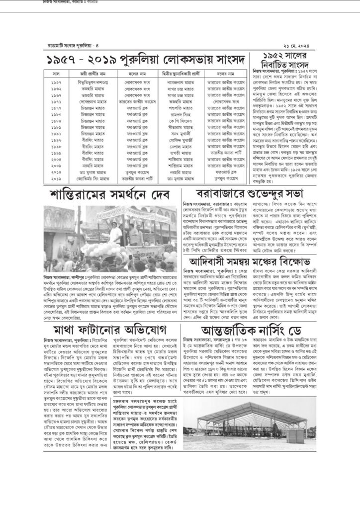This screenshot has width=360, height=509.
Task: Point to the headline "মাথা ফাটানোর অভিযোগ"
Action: click(106, 331)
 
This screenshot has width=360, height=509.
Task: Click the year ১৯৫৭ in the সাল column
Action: click(56, 81)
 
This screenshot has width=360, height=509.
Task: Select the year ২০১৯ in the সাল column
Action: click(56, 178)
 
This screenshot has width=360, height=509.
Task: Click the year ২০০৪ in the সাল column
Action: click(56, 159)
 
